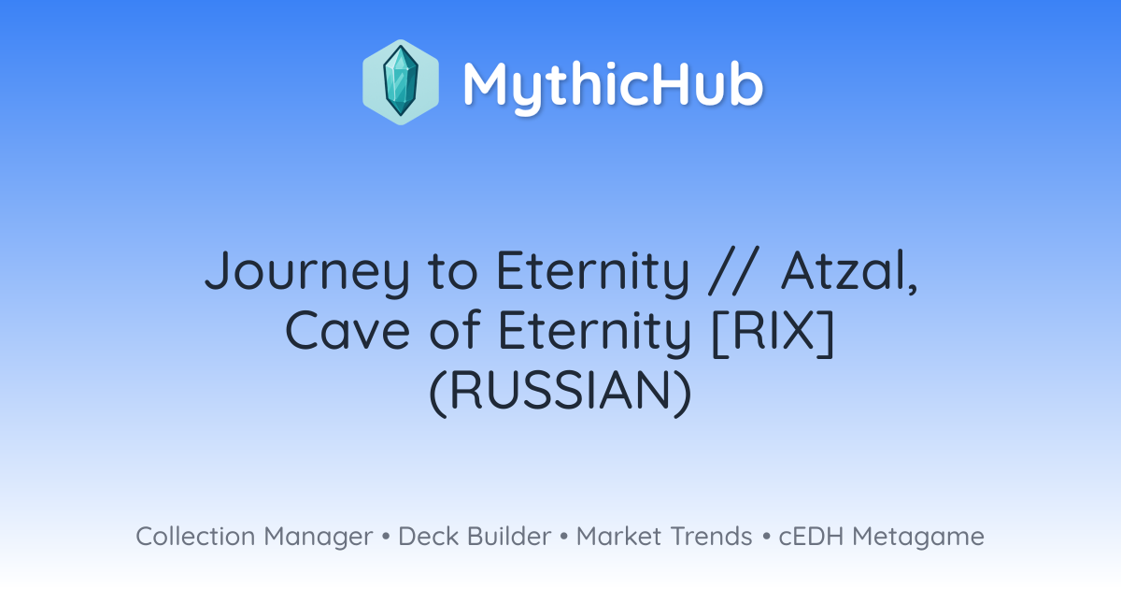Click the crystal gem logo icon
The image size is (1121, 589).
[401, 82]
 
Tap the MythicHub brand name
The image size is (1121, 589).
[613, 86]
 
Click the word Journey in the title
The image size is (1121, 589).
[307, 273]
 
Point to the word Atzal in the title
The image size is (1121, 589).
[849, 272]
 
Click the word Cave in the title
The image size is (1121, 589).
[348, 332]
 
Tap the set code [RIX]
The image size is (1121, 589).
[773, 333]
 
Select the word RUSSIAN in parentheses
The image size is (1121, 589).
[560, 392]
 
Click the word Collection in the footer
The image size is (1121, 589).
[195, 536]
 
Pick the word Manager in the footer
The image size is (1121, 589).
[319, 538]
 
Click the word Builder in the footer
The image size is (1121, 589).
[509, 536]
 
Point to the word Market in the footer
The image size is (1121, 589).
[619, 536]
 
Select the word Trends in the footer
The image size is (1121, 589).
[711, 536]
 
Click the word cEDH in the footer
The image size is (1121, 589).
[811, 536]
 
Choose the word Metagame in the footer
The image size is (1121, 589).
[918, 538]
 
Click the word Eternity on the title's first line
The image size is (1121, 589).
[593, 273]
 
